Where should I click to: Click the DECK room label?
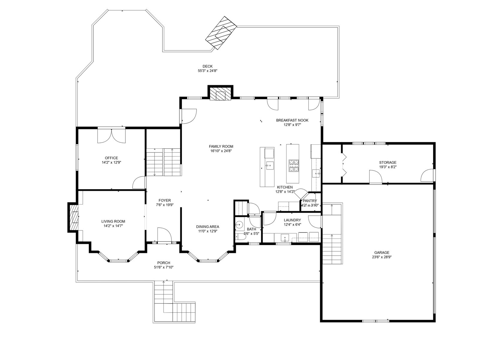[207, 66]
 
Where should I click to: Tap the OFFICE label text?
[111, 158]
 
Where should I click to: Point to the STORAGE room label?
[388, 162]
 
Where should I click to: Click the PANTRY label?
[310, 201]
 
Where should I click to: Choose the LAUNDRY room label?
[292, 220]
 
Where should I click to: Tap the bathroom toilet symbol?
[240, 237]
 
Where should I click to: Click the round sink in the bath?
[239, 224]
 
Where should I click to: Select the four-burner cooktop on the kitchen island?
[294, 166]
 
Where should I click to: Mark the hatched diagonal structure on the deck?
[221, 33]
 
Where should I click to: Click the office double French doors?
[112, 136]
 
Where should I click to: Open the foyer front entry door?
[164, 235]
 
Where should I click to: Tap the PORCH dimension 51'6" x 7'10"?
[163, 267]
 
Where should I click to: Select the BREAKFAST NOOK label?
[292, 120]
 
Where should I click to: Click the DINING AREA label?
[208, 227]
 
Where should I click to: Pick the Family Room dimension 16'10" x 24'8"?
[221, 151]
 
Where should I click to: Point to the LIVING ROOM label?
[113, 221]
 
